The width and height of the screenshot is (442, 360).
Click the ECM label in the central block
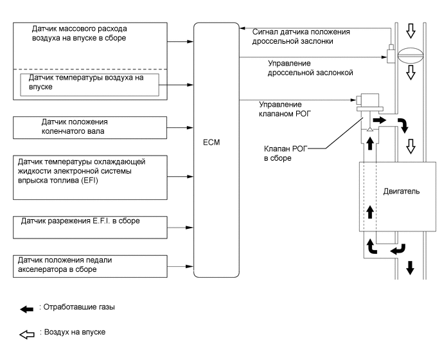click(209, 143)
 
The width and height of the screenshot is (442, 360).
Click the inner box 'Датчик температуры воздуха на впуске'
click(90, 84)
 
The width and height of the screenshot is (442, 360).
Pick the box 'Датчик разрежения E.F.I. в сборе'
click(90, 222)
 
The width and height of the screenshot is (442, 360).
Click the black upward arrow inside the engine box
click(370, 212)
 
